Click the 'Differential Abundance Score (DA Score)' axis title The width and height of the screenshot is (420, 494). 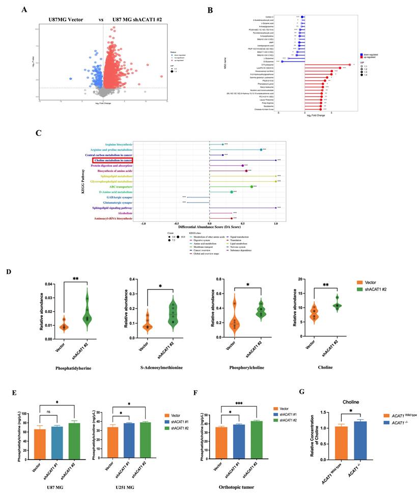pyautogui.click(x=209, y=226)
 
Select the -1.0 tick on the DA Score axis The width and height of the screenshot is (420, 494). pyautogui.click(x=144, y=222)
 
